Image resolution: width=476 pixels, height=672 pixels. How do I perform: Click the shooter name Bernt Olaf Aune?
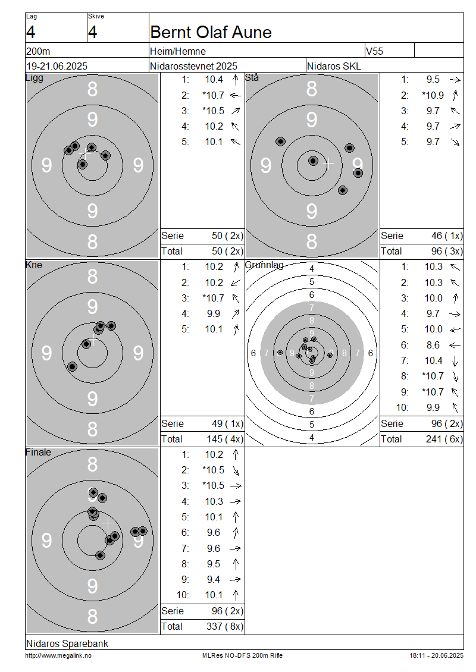tap(211, 32)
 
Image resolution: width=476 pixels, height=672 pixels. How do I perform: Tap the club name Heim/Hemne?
tap(177, 51)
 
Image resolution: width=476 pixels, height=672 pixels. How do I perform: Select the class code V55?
tap(374, 51)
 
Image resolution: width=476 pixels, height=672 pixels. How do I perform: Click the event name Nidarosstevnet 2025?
tap(193, 66)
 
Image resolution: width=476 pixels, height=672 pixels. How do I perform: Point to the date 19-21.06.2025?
tap(57, 66)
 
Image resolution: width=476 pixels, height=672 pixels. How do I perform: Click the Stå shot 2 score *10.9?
tap(433, 95)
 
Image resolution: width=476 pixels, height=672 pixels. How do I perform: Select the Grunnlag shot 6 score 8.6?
tap(433, 345)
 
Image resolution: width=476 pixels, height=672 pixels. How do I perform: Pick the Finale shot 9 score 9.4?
tap(214, 579)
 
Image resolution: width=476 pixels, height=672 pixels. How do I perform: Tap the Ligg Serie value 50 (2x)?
tap(227, 235)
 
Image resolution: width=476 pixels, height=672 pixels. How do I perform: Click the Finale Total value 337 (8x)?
tap(225, 626)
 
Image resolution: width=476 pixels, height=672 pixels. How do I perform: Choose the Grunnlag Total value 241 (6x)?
tap(444, 439)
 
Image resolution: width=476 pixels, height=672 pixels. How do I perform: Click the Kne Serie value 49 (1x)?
tap(227, 423)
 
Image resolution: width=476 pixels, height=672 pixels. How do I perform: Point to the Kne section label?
tap(34, 265)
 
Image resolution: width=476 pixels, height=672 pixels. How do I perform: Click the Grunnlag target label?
tap(264, 265)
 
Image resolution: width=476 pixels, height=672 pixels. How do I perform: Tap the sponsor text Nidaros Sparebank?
tap(67, 643)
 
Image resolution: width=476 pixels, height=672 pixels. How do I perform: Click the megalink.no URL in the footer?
tap(58, 655)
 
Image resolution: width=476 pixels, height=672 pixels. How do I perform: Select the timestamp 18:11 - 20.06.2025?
tap(436, 655)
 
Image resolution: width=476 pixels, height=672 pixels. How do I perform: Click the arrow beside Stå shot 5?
tap(455, 142)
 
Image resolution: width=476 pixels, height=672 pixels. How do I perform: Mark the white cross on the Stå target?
tap(328, 163)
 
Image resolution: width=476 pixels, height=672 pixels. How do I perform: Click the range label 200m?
tap(38, 51)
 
